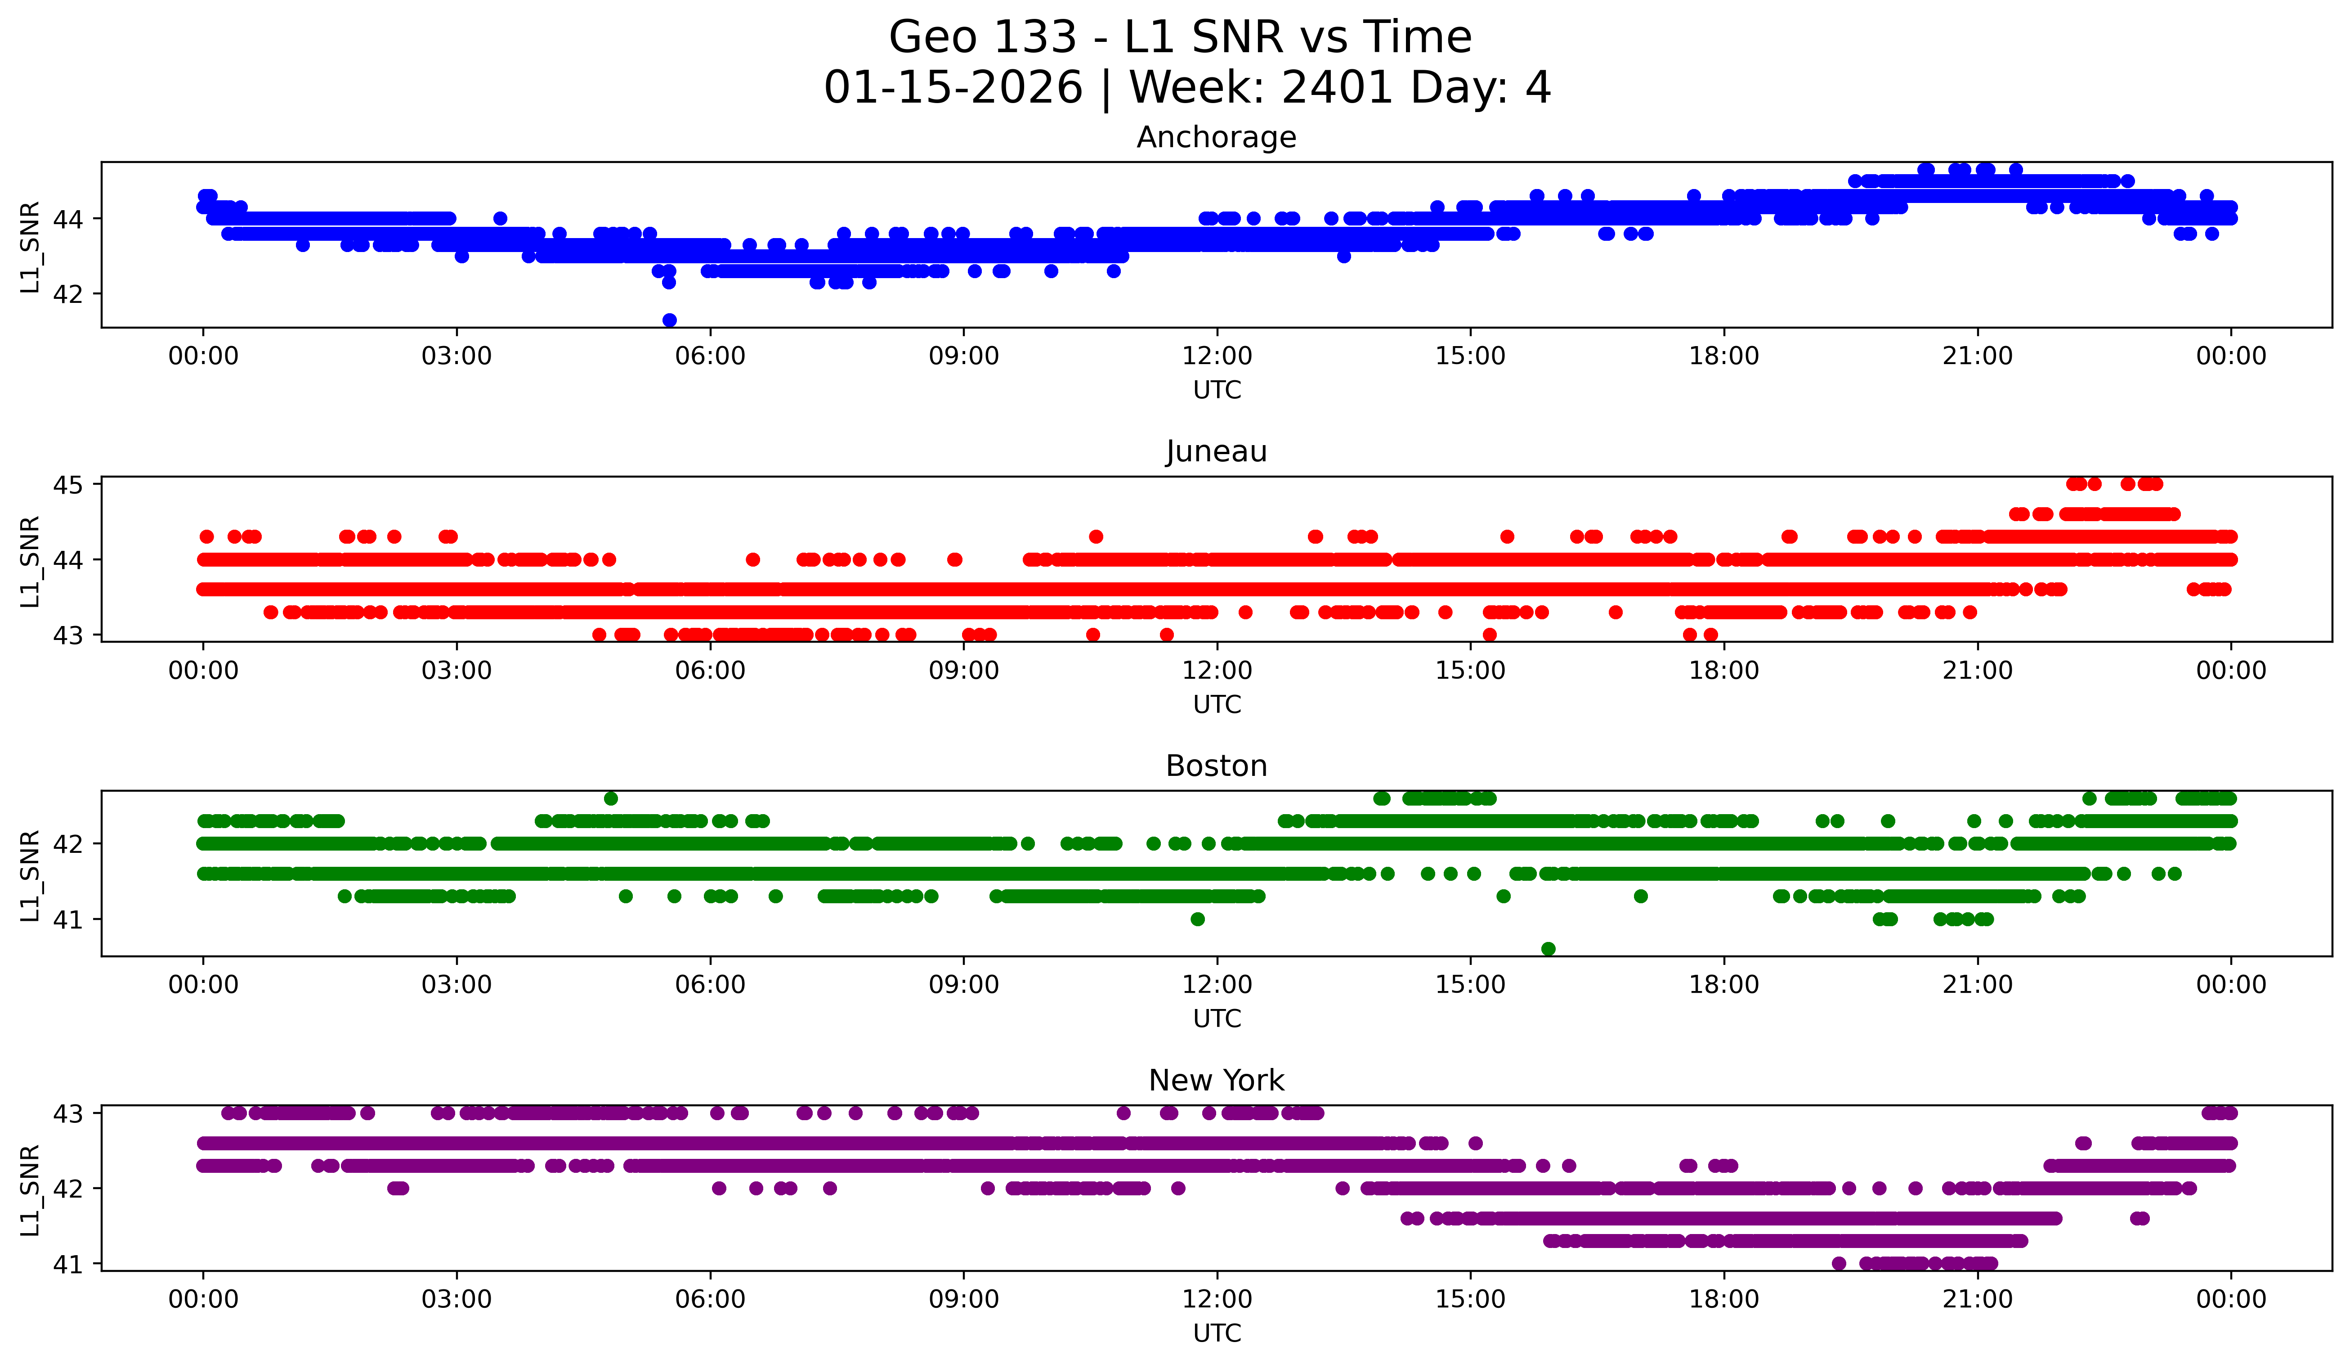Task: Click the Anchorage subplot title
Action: [1216, 137]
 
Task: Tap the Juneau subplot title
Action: [1216, 451]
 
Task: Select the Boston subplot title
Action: [1216, 766]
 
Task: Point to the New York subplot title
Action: [1216, 1081]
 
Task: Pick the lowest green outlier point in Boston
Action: [1548, 949]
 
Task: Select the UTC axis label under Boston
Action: [1216, 1019]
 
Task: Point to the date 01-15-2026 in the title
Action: [953, 88]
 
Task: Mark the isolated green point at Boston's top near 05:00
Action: [611, 799]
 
